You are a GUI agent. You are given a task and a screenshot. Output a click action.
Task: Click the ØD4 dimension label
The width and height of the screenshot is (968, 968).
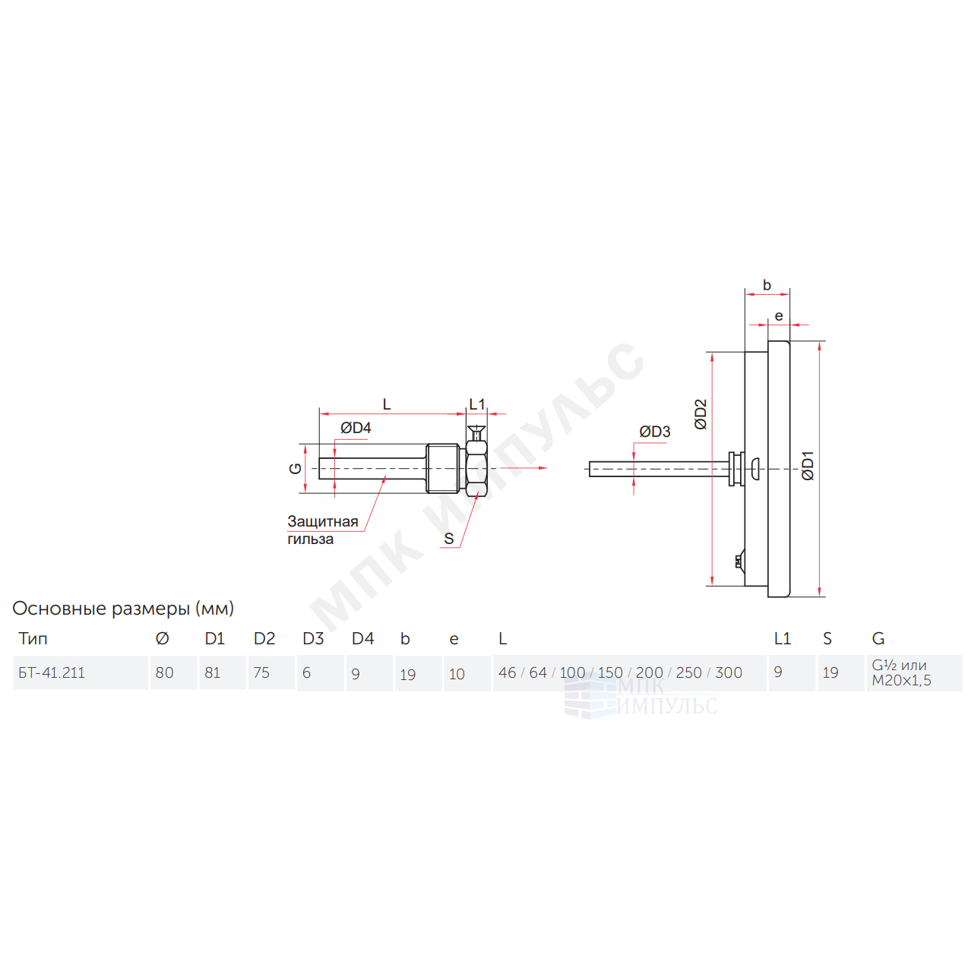coord(355,428)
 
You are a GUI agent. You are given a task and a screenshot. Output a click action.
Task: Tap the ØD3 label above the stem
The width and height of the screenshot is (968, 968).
coord(654,432)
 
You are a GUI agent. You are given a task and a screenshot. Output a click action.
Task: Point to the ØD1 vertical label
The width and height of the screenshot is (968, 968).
coord(807,467)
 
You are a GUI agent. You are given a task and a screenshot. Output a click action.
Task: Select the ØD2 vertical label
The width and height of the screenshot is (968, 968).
coord(701,414)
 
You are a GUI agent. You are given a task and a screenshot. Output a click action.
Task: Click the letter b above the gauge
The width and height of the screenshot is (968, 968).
coord(767,285)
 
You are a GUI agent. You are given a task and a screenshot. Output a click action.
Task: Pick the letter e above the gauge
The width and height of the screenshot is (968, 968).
coord(779,316)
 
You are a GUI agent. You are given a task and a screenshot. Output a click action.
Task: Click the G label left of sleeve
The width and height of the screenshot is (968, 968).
coord(296,468)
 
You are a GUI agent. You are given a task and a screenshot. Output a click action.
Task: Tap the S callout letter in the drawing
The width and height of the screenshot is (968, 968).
coord(448,539)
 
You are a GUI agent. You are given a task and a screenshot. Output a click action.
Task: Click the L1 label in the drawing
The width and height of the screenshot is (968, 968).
coord(476,404)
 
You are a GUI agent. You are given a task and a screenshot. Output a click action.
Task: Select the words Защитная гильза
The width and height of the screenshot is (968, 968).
coord(322,530)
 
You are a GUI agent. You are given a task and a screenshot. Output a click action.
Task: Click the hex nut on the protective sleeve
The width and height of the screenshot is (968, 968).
coord(476,468)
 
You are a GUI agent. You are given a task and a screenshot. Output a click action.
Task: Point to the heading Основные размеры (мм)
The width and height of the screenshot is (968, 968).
coord(123,609)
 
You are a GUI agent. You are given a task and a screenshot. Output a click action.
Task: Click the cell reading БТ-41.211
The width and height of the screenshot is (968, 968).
coord(52,672)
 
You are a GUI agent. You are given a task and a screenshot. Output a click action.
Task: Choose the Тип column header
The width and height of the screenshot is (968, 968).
coord(33,638)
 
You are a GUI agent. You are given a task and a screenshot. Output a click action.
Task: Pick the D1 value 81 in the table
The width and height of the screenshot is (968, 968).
coord(213,672)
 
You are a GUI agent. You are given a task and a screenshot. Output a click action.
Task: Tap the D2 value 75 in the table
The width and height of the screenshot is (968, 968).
coord(261,672)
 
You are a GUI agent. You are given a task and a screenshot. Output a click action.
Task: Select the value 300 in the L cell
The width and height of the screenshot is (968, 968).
coord(729,672)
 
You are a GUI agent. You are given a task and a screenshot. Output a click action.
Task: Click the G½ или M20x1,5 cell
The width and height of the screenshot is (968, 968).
coord(902,672)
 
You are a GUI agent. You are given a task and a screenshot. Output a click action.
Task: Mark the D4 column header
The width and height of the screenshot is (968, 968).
coord(362,638)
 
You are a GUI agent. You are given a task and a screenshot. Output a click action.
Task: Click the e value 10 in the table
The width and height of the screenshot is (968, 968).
coord(457,674)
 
